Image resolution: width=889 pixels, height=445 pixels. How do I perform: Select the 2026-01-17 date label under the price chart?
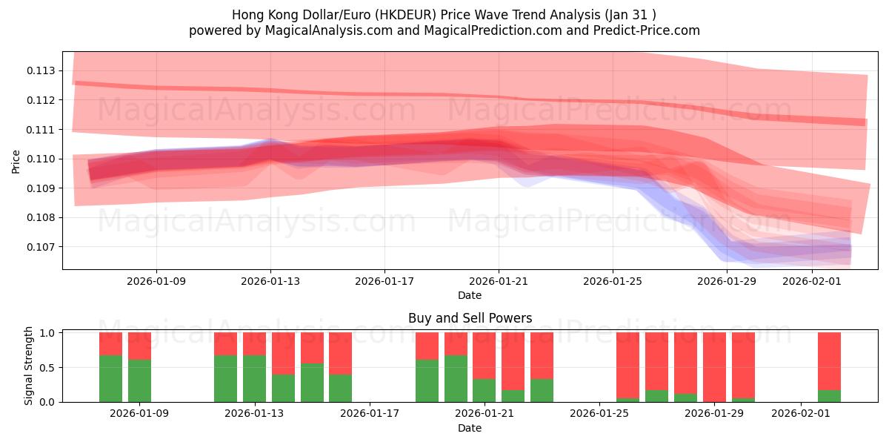(x=384, y=282)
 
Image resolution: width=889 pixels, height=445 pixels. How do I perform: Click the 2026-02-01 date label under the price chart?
(x=812, y=282)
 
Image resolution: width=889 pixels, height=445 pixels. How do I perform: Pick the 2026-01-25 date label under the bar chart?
(x=599, y=414)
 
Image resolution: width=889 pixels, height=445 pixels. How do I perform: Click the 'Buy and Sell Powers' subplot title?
(x=470, y=318)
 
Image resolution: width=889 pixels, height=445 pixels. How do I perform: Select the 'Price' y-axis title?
(x=16, y=160)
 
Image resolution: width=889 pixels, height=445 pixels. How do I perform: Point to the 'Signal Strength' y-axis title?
(x=30, y=366)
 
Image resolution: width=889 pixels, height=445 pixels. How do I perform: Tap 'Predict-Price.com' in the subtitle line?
(x=648, y=30)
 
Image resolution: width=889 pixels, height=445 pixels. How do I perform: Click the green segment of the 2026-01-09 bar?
(x=139, y=380)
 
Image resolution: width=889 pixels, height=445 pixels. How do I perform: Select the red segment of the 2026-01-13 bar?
(x=254, y=343)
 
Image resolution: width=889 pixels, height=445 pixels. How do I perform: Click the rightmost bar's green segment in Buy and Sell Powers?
(x=829, y=395)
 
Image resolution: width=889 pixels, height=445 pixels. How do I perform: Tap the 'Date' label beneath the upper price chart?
(x=470, y=295)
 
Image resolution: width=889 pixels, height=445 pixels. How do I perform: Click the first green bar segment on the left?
(x=110, y=378)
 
